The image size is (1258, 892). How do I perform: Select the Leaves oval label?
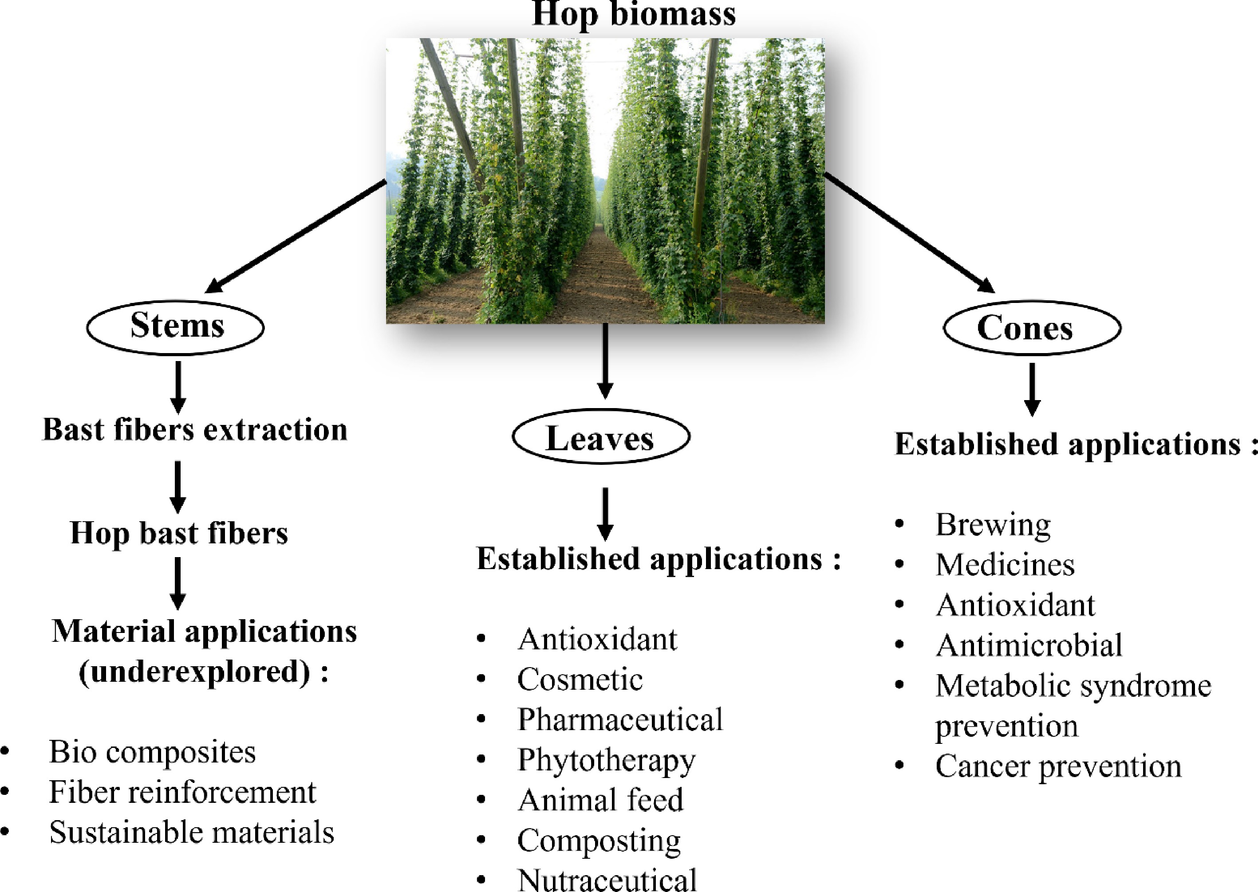[x=600, y=438]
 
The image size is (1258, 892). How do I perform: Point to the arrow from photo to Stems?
[x=297, y=236]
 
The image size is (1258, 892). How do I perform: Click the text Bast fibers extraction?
[x=195, y=429]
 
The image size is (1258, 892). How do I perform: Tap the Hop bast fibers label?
[x=178, y=533]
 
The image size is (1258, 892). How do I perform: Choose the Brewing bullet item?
[x=993, y=525]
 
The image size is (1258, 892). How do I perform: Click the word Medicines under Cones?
[x=1005, y=565]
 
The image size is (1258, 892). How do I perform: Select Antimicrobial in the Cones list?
[x=1029, y=645]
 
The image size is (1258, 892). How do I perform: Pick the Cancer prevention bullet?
[x=1058, y=766]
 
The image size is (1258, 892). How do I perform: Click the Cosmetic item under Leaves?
[x=580, y=680]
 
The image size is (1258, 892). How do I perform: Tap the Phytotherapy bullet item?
[x=606, y=760]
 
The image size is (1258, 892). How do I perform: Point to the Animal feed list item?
[x=600, y=800]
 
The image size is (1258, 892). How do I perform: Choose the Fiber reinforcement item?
[x=182, y=792]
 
